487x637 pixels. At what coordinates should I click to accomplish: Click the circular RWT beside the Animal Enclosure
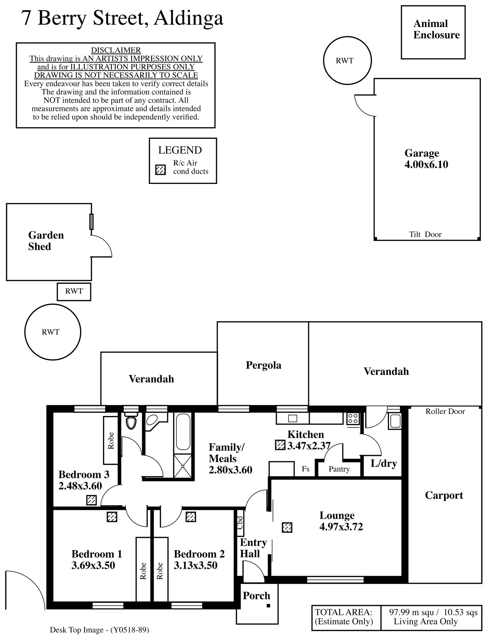point(347,37)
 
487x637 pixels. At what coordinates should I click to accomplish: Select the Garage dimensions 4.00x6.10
point(426,164)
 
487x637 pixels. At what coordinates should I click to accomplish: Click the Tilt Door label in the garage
point(425,234)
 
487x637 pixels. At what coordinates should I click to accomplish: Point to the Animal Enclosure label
point(436,29)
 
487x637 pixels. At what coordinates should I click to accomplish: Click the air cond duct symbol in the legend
point(160,170)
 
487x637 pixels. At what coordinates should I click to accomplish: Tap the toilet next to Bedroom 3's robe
point(131,421)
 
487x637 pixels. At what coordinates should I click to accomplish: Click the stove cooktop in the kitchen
point(353,419)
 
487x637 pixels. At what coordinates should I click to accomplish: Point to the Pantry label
point(339,469)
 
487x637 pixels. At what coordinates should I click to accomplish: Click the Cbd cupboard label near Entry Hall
point(240,523)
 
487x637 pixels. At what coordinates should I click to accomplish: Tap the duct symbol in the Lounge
point(287,527)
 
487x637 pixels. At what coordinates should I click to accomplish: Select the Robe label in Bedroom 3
point(111,441)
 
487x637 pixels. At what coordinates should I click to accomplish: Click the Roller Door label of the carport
point(445,411)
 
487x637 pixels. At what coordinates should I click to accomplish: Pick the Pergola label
point(263,365)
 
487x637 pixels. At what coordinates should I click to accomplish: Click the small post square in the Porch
point(268,606)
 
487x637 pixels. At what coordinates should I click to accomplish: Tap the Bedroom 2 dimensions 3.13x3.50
point(196,565)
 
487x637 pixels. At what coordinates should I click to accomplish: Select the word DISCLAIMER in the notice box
point(116,50)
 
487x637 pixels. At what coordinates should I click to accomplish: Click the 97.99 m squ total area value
point(411,612)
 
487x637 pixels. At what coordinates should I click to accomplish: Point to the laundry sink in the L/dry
point(395,421)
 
